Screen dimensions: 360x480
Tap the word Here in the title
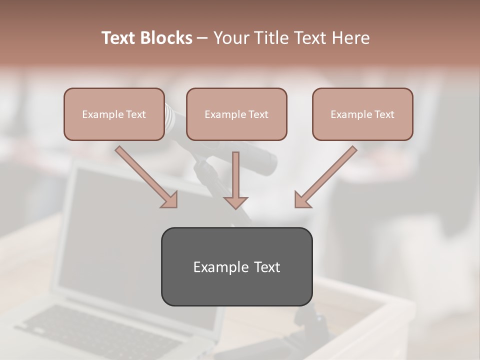pos(349,38)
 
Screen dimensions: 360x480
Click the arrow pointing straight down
pos(235,180)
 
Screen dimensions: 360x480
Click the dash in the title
pos(202,38)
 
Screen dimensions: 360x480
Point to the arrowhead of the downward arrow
pos(235,202)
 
